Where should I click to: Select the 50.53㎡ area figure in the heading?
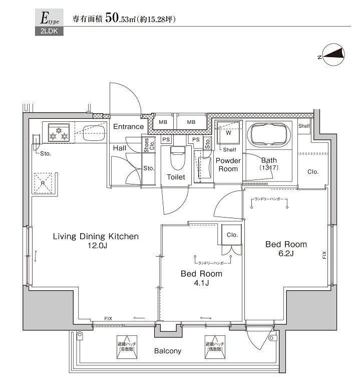tap(123, 19)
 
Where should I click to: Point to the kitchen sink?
tap(93, 132)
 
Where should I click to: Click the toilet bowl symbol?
tap(177, 159)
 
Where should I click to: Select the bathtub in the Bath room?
tap(269, 134)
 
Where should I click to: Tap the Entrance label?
tap(128, 127)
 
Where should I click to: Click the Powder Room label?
tap(228, 165)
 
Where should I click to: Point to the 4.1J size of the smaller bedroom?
tap(201, 283)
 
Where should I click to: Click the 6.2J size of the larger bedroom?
tap(285, 254)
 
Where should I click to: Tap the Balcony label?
tap(167, 351)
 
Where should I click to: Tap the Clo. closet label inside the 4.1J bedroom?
tap(232, 235)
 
